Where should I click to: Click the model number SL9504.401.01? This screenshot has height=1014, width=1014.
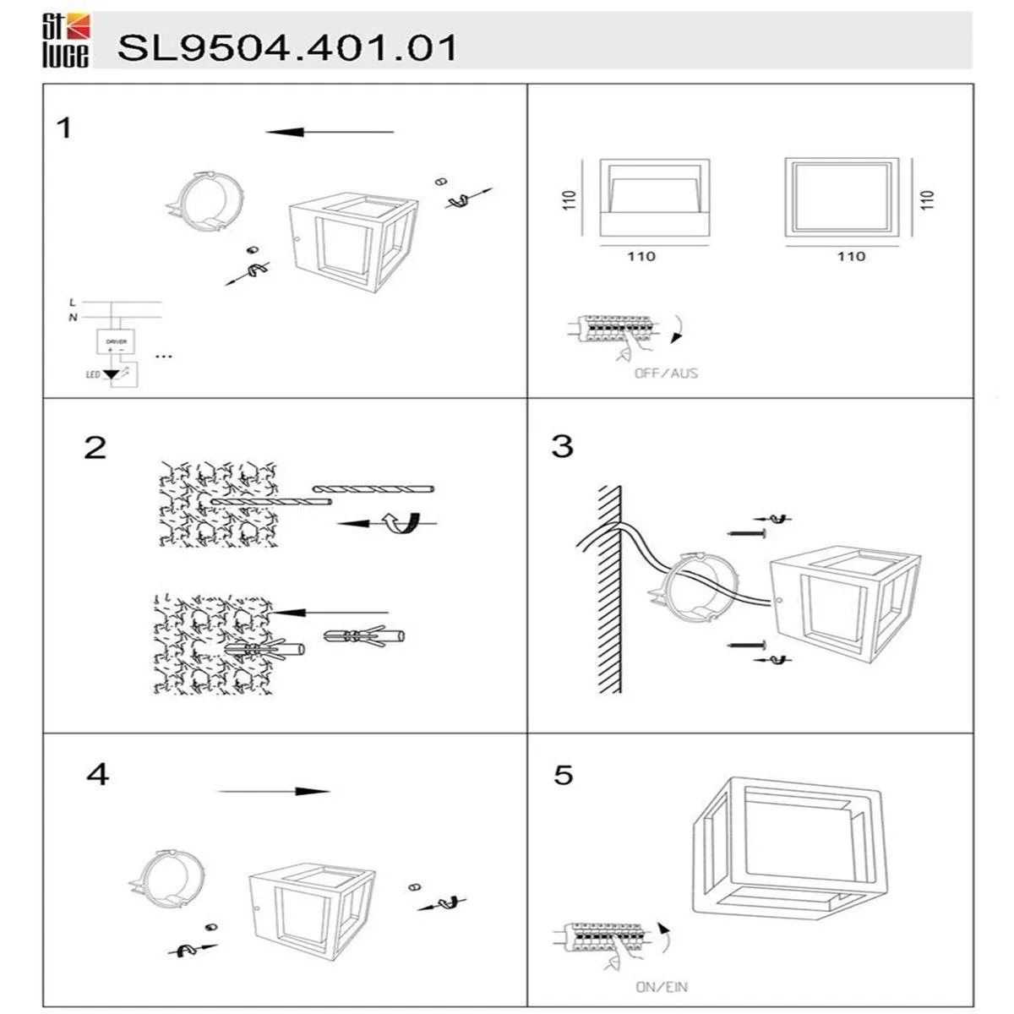[x=286, y=47]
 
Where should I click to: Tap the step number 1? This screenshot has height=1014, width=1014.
[x=63, y=128]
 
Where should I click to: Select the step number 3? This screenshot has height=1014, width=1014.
[x=562, y=446]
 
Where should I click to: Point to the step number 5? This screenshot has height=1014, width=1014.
[x=564, y=774]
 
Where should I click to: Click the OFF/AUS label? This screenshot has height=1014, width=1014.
[x=666, y=373]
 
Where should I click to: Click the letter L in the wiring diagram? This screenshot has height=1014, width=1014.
[x=73, y=302]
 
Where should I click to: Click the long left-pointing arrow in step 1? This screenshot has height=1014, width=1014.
[x=330, y=133]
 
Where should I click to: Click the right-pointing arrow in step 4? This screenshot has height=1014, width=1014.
[x=275, y=792]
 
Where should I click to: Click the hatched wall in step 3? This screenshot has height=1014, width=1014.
[x=610, y=591]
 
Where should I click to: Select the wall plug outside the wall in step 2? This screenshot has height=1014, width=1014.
[x=363, y=635]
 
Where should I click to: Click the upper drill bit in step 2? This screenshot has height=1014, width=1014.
[x=373, y=489]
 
